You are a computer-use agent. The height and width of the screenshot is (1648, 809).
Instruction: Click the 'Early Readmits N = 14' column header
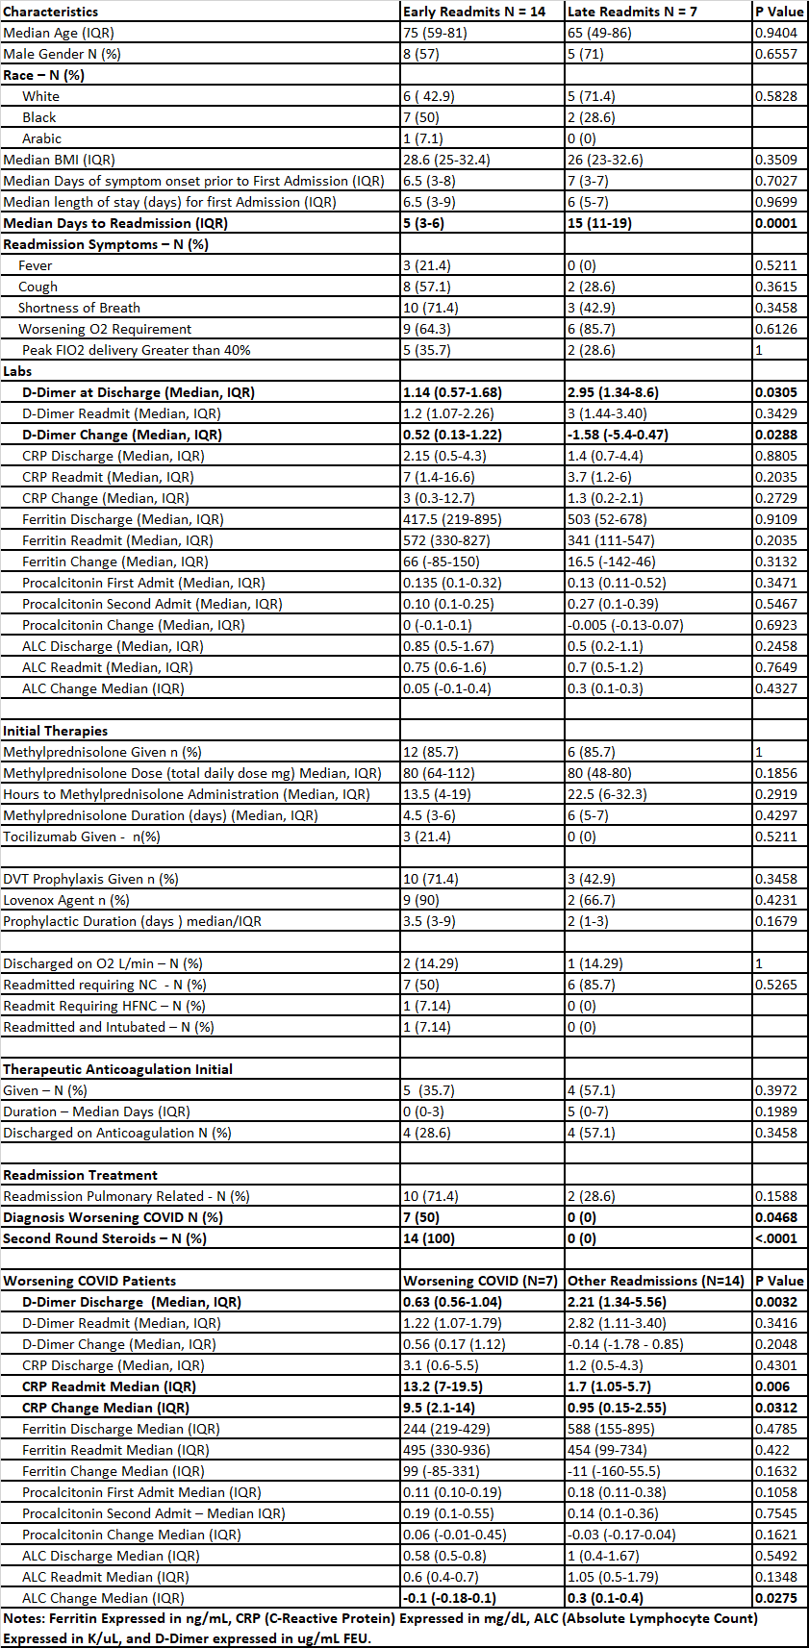pos(474,12)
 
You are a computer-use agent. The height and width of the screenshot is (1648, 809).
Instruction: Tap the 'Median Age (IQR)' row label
pos(59,33)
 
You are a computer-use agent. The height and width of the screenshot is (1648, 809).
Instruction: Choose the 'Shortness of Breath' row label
pos(79,308)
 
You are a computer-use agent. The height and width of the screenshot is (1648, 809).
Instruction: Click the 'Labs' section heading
pos(17,371)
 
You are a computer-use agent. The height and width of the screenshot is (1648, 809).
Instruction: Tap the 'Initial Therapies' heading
pos(55,731)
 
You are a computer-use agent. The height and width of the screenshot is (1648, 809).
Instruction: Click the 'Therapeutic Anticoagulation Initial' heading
pos(117,1069)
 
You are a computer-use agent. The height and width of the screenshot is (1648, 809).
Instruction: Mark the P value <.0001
pos(775,1238)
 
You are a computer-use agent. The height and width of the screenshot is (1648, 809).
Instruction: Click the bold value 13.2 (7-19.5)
pos(442,1386)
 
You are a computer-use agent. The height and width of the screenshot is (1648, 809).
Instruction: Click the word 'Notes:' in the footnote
pos(24,1618)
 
